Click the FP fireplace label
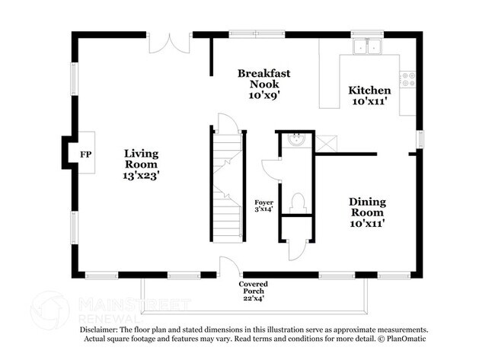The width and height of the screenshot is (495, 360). coord(85,154)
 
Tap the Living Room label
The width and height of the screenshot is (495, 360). coord(142,159)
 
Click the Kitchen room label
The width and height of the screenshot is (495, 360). coord(369,91)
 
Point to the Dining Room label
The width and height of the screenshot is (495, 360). coord(367,207)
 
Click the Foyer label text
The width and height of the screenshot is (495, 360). coord(264,202)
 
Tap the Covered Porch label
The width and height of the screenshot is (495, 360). coord(254,288)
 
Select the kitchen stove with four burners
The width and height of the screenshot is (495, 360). coord(407,78)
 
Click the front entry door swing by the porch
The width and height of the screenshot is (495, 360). coord(228,266)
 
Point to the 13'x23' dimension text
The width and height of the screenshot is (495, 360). coord(142,175)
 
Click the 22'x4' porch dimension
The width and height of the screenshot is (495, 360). coord(254,298)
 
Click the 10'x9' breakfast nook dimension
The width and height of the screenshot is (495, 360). coord(263,97)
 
